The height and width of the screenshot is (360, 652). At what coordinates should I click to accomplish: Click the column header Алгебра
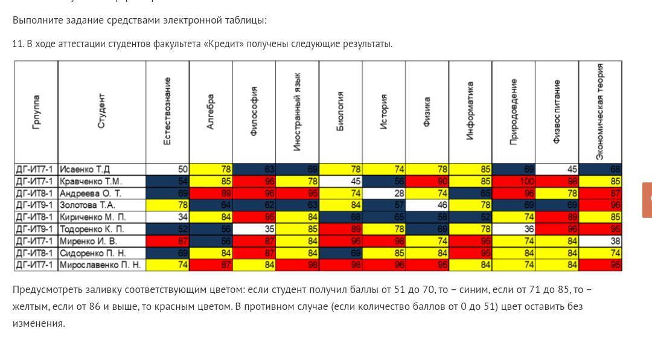click(x=211, y=112)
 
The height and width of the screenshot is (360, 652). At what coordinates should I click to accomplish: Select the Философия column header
click(x=254, y=112)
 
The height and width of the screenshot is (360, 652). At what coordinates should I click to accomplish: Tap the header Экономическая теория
click(x=600, y=112)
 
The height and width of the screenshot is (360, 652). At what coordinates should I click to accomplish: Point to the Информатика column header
click(x=470, y=112)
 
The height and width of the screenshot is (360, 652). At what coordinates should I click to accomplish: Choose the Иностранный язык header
click(x=297, y=112)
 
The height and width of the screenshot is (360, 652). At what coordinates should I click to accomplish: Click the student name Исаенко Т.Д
click(x=85, y=169)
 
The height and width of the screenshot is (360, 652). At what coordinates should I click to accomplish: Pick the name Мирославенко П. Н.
click(x=100, y=265)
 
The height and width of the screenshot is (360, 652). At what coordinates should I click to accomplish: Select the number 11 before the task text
click(x=18, y=44)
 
